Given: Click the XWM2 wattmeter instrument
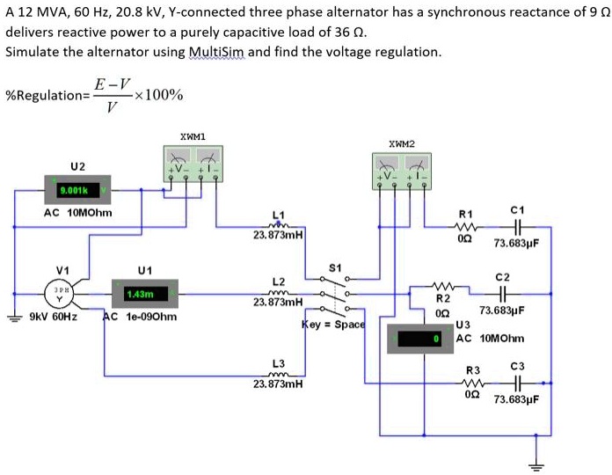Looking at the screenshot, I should (402, 168).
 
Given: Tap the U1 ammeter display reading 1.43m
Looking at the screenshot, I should (145, 293).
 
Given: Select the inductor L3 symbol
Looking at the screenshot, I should (279, 373).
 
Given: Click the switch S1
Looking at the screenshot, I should (334, 294).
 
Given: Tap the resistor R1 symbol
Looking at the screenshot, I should (466, 225).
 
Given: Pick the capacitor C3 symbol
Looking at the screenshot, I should (517, 383).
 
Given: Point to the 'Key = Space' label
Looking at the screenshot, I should (333, 325).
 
